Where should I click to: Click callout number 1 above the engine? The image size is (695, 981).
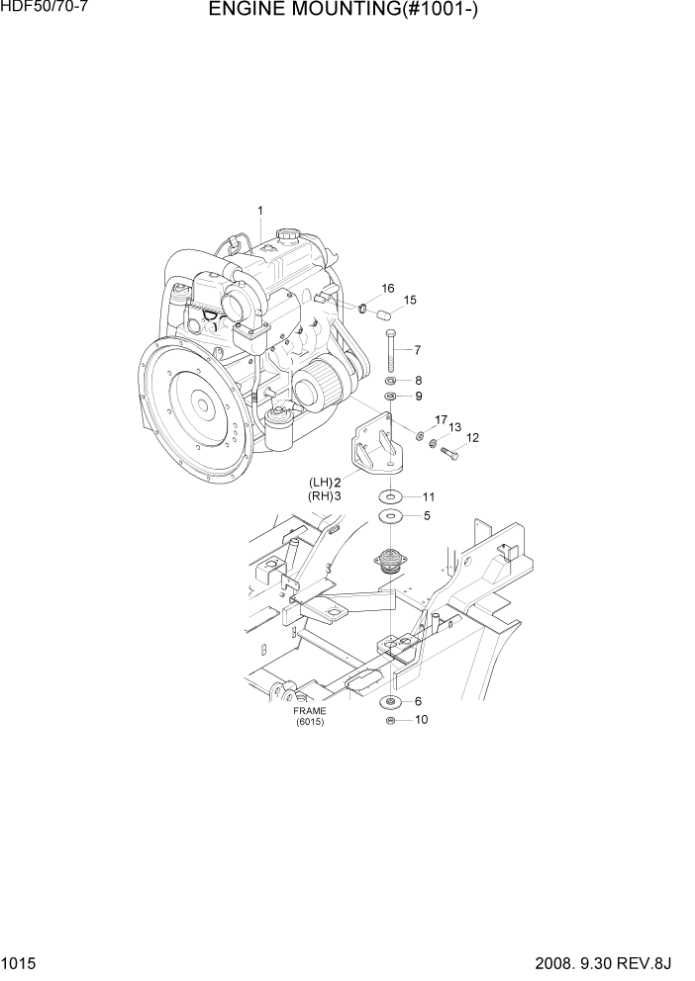pos(260,210)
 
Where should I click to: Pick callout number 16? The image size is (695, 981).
pos(388,288)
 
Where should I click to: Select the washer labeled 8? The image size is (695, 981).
pos(391,381)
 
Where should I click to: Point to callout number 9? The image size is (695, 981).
pos(419,397)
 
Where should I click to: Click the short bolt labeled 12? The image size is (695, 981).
pos(447,453)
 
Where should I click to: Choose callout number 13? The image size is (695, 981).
pos(454,427)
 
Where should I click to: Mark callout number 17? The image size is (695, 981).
pos(441,419)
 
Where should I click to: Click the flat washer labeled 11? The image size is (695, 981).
pos(391,496)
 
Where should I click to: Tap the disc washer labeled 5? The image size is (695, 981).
pos(391,516)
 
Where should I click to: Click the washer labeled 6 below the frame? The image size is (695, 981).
pos(390,702)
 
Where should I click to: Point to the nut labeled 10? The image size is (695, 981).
pos(390,720)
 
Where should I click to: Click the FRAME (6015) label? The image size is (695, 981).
pos(309,716)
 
